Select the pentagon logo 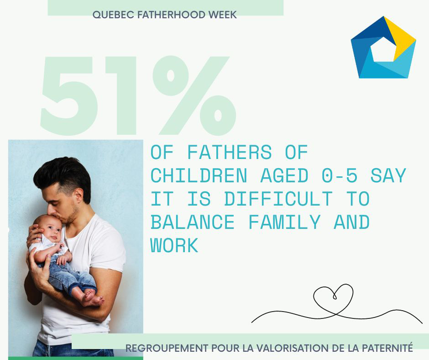pos(383,47)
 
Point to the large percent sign pos(195,95)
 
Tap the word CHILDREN pos(199,175)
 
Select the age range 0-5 pos(340,175)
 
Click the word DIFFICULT pos(278,199)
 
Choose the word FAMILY pos(284,222)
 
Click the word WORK pos(174,245)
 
